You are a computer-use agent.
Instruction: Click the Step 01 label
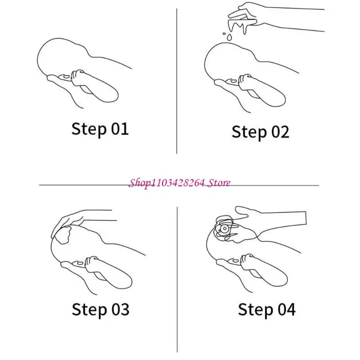click(x=100, y=129)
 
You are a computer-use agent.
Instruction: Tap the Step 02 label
click(x=261, y=132)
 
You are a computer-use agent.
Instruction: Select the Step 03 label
click(x=100, y=310)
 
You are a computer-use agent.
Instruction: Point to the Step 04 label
click(x=266, y=310)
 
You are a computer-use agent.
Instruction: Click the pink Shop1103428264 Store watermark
click(x=179, y=183)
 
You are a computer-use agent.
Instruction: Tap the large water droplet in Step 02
click(x=229, y=37)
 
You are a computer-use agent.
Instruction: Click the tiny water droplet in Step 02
click(x=224, y=34)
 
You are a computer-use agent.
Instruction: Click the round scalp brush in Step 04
click(x=224, y=229)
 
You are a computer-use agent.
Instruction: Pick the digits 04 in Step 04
click(x=287, y=309)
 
